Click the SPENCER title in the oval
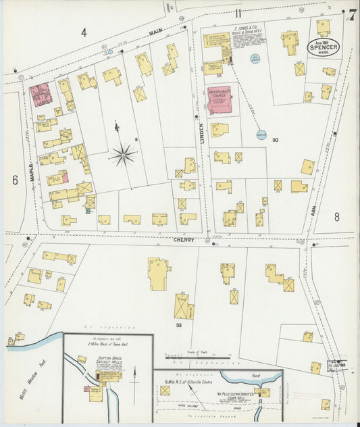[323, 47]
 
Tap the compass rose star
[122, 155]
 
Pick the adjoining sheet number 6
[14, 180]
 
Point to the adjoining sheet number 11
[238, 12]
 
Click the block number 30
[275, 140]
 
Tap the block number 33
[179, 326]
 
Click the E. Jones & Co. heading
[249, 32]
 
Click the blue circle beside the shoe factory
[255, 59]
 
